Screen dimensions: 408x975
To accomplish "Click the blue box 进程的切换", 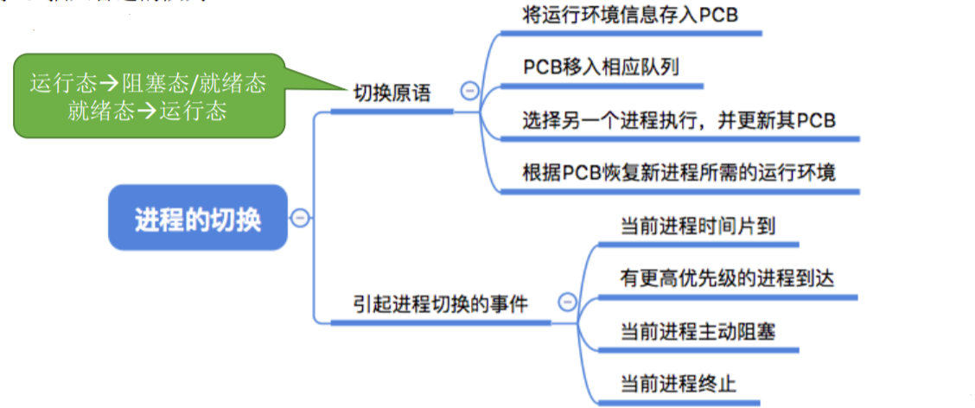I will [x=197, y=218].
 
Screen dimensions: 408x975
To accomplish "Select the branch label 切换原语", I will [x=392, y=92].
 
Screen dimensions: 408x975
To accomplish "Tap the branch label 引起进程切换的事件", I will [x=440, y=303].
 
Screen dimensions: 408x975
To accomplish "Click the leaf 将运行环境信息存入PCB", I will [x=630, y=16].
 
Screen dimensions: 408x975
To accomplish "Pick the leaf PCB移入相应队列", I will [x=599, y=67].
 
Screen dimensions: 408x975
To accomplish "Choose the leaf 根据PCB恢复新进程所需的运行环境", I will [x=679, y=172].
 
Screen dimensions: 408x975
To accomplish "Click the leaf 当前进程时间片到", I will [x=698, y=226].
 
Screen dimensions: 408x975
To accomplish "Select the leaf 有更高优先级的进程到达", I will [x=727, y=278].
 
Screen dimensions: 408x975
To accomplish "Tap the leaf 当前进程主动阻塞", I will [x=698, y=330].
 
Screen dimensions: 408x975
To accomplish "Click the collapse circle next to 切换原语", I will [x=469, y=90].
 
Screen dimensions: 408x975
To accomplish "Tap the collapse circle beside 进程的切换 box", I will [x=299, y=218].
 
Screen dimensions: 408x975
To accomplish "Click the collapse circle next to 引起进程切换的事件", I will [x=567, y=302].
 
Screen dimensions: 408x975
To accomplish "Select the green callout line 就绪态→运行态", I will [x=148, y=111].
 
